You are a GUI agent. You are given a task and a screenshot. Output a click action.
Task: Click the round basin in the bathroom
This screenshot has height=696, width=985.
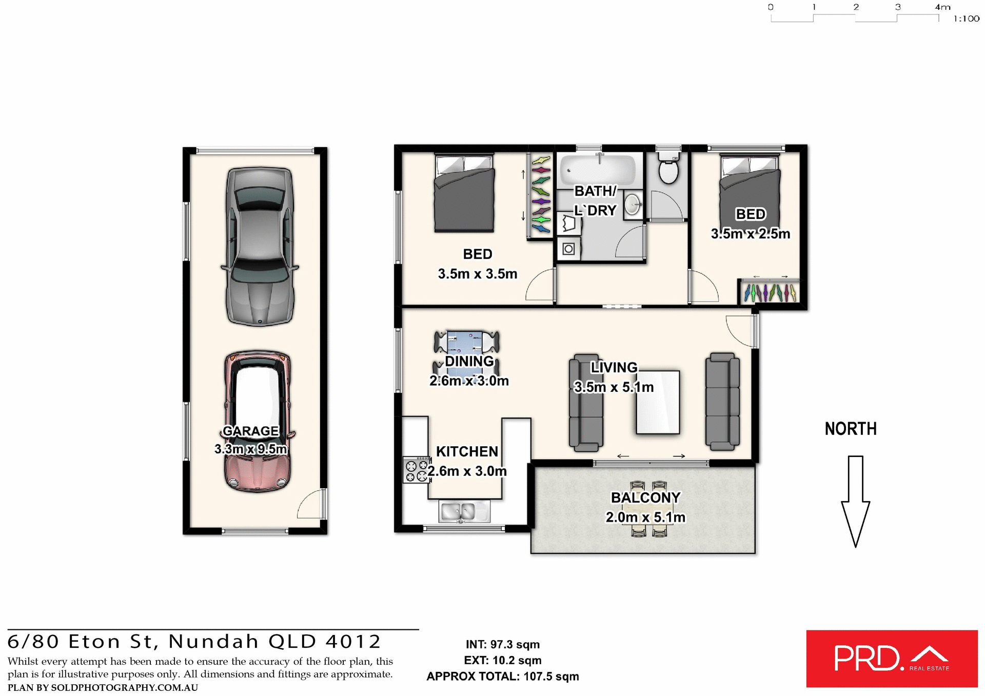click(x=633, y=205)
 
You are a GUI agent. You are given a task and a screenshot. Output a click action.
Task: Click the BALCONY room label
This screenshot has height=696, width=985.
click(x=645, y=498)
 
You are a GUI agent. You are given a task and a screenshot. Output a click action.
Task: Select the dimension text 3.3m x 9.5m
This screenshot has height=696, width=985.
click(x=250, y=449)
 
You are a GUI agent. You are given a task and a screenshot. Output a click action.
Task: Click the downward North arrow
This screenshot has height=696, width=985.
click(x=855, y=500)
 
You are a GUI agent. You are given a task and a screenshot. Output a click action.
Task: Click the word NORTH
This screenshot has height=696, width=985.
click(x=851, y=429)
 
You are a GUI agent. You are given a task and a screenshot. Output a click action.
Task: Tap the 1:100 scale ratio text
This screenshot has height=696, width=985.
click(x=966, y=19)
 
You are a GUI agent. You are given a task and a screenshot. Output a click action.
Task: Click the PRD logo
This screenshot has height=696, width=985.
click(x=892, y=659)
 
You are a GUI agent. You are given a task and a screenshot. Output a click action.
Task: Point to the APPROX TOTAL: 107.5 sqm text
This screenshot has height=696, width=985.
click(x=502, y=677)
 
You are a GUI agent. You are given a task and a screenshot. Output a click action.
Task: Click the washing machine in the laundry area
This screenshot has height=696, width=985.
click(x=568, y=249)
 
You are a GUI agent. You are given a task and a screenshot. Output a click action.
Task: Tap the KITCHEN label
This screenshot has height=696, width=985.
click(x=467, y=451)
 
